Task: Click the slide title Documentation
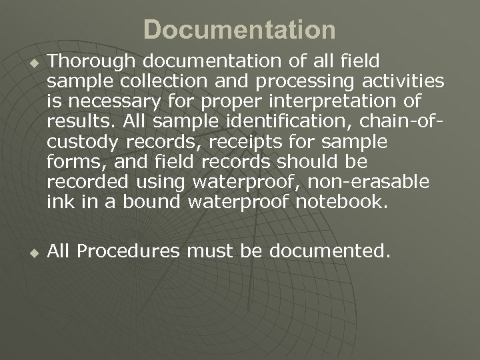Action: (x=239, y=30)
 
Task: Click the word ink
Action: (x=57, y=201)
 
